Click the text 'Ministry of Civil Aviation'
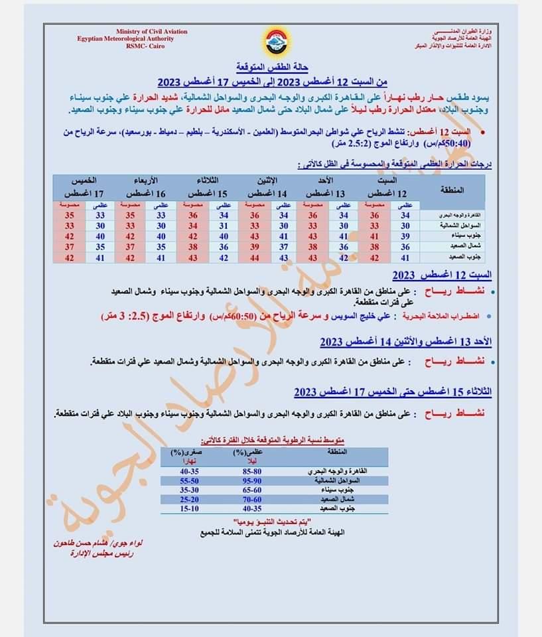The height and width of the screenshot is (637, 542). [x=151, y=32]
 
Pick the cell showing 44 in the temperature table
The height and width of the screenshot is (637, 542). [x=254, y=257]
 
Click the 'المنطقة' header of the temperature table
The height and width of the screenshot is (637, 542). [x=452, y=189]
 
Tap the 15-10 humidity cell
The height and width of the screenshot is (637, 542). [x=189, y=508]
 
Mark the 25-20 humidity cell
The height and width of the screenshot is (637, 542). [x=189, y=498]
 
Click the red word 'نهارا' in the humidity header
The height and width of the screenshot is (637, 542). [x=186, y=461]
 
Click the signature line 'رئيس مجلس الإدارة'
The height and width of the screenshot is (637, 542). [x=99, y=552]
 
